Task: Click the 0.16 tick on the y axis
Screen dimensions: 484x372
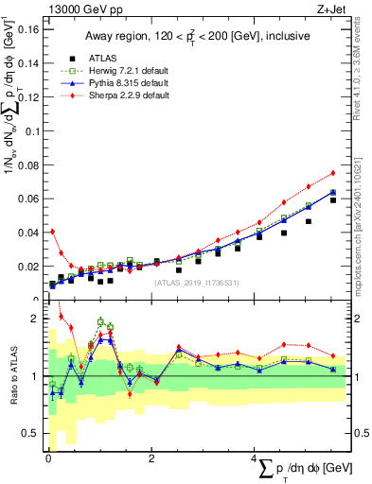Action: click(x=27, y=28)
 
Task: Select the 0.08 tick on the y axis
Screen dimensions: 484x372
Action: click(x=27, y=164)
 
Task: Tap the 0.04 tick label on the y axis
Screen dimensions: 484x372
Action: click(x=27, y=233)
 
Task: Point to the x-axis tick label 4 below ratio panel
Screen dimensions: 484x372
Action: click(x=256, y=458)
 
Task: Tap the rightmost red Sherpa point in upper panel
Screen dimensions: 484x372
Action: click(x=333, y=173)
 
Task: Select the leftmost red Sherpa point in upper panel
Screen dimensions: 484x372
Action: click(x=52, y=231)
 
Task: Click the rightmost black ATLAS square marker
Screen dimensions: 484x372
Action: click(x=333, y=200)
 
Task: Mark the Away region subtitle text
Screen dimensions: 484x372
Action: click(x=193, y=37)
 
